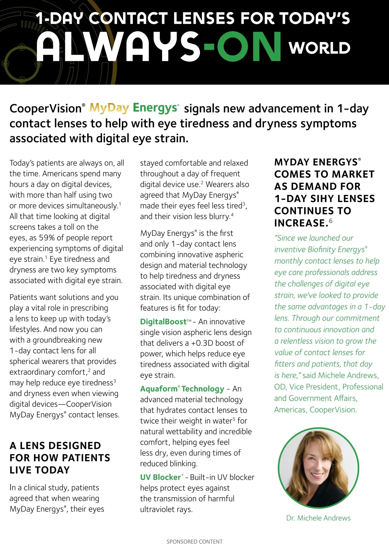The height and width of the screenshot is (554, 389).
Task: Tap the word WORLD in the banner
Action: pos(320,48)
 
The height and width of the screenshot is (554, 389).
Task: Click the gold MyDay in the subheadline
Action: pos(109,108)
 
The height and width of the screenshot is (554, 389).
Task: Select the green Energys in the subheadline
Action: pos(155,108)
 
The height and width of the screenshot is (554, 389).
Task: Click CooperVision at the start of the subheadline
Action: pos(46,108)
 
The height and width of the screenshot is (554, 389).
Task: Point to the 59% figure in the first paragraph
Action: pos(47,238)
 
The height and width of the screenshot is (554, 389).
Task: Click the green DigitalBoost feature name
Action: pos(163,322)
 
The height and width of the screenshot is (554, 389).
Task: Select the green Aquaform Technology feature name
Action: pos(182,389)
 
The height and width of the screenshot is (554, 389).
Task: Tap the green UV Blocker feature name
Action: pos(160,477)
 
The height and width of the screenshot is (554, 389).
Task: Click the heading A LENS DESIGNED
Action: pos(55,446)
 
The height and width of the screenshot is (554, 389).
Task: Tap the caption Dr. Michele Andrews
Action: pos(318,518)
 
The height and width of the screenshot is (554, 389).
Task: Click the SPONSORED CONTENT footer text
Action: pos(194,542)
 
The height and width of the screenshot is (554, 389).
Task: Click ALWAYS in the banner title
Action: pos(118,47)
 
